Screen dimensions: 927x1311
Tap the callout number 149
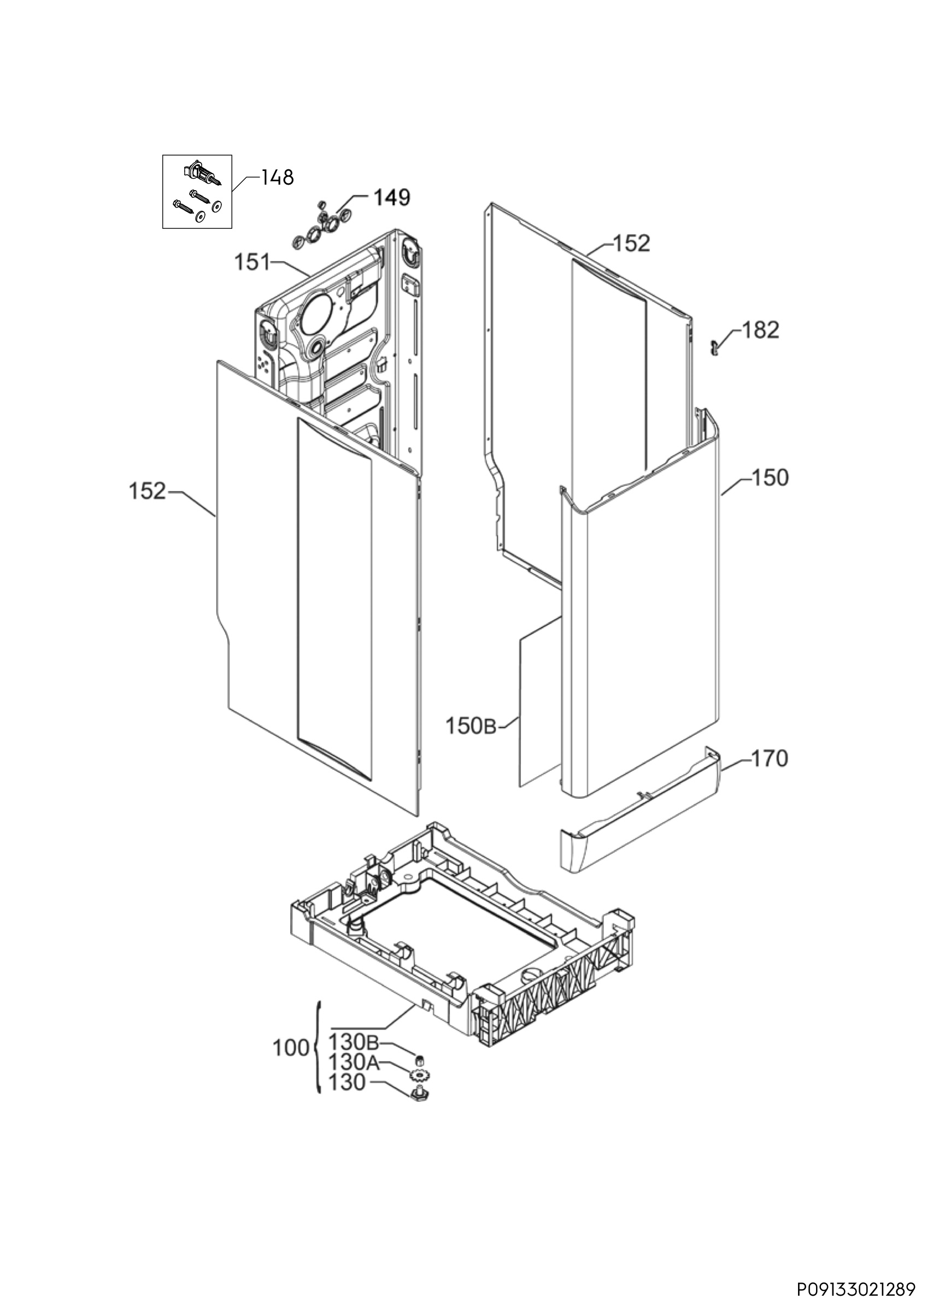(x=392, y=198)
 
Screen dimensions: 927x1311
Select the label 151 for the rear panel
(x=252, y=263)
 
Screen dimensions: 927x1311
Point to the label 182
(x=760, y=330)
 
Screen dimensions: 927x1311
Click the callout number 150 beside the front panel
(x=770, y=477)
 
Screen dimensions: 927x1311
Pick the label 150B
(x=471, y=727)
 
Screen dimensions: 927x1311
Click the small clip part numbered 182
(x=713, y=346)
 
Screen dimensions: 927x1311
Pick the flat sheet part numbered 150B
(x=540, y=702)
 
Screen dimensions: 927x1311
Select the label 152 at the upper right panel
(x=632, y=243)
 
